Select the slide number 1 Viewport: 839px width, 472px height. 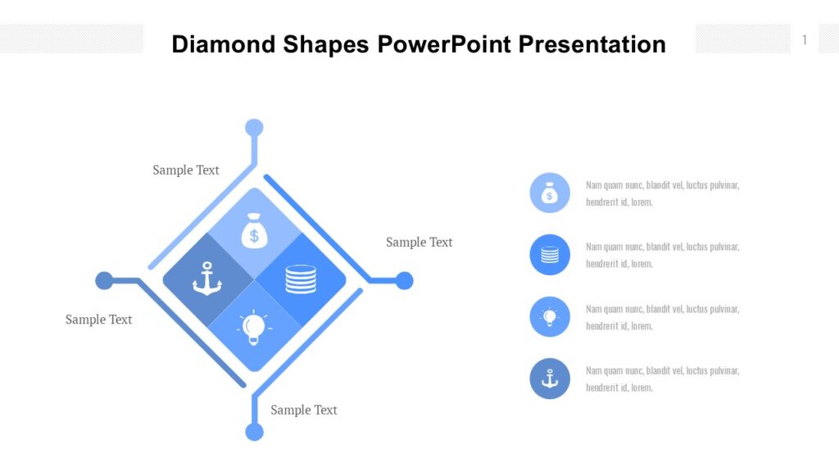(x=805, y=40)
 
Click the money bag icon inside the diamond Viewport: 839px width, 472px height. (x=254, y=232)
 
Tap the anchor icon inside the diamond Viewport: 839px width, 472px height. (x=207, y=279)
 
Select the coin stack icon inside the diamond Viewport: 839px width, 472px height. (x=301, y=279)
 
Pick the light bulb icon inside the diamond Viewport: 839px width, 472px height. (x=254, y=327)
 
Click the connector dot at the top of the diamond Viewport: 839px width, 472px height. (x=255, y=128)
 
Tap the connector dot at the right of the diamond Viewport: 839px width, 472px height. (x=404, y=281)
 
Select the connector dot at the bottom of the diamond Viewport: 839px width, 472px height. (x=255, y=432)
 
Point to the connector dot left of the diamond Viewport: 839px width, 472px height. (x=104, y=281)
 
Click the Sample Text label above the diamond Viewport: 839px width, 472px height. (x=186, y=170)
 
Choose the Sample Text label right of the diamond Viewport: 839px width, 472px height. (x=419, y=243)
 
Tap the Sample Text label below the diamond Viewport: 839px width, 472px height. (x=304, y=410)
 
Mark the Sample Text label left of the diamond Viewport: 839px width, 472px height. (x=98, y=320)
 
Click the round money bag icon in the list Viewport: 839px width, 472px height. (x=550, y=193)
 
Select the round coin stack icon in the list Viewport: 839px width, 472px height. (x=550, y=255)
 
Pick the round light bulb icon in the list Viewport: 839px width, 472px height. (x=550, y=317)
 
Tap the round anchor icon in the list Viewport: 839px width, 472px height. (x=550, y=379)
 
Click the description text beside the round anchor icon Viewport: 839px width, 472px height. (x=662, y=379)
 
